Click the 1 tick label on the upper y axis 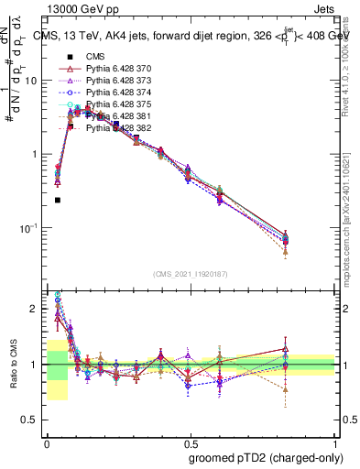(x=38, y=154)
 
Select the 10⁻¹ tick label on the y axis (x=32, y=227)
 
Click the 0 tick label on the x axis (x=47, y=440)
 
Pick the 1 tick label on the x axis (x=333, y=440)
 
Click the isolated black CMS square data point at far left (x=57, y=200)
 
